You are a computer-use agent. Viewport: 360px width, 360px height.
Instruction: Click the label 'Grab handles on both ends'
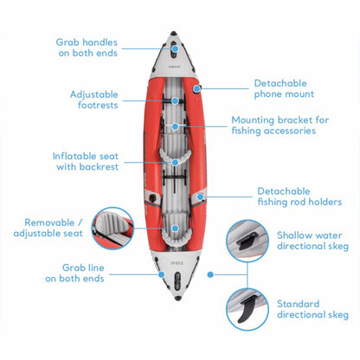point(87,48)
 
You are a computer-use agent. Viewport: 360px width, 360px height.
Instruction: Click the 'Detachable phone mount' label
point(284,88)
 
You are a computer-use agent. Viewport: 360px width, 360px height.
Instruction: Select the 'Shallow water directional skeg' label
point(312,240)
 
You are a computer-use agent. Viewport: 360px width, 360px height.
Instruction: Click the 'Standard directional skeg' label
point(312,309)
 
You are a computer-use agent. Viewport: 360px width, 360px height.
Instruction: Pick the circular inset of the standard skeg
point(251,309)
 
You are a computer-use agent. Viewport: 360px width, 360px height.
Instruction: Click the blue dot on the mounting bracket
point(177,126)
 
